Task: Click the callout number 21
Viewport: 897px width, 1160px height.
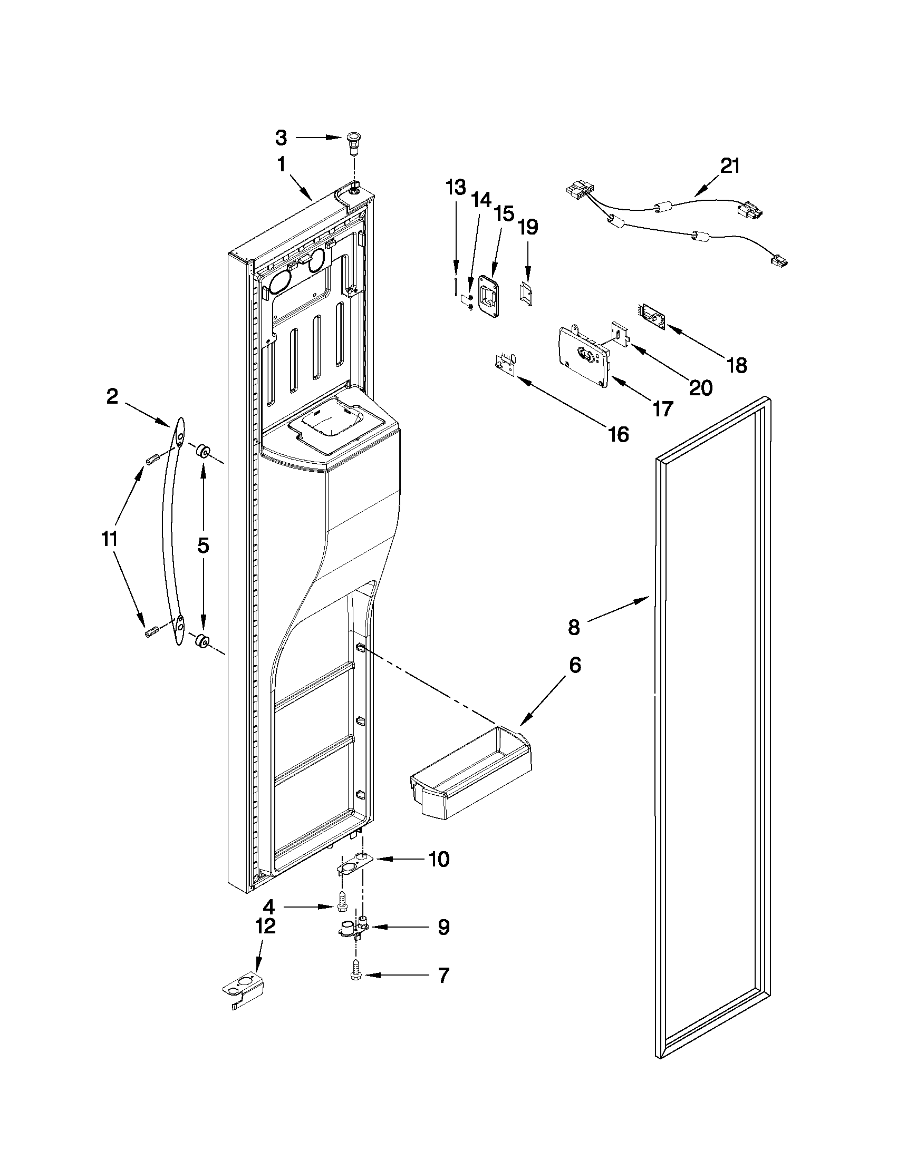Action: [730, 166]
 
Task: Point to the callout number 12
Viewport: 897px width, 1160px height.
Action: [266, 927]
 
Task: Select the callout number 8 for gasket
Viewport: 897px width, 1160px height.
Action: [574, 628]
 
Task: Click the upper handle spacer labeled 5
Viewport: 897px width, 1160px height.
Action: [202, 452]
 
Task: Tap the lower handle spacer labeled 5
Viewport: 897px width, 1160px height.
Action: [202, 642]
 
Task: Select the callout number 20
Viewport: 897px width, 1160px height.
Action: [700, 388]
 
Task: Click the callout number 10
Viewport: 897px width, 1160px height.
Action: [438, 859]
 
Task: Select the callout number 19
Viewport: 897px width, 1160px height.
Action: [528, 227]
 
